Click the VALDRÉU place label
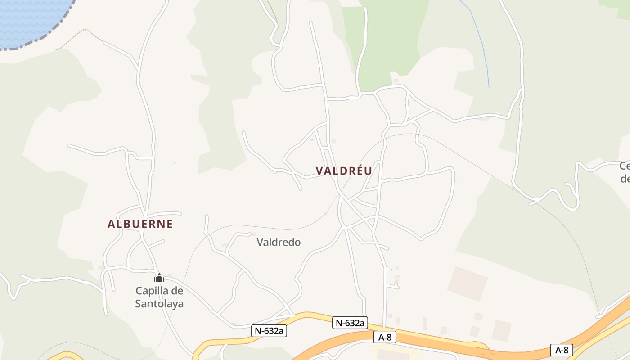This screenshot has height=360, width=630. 344,171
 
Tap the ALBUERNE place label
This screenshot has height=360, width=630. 140,224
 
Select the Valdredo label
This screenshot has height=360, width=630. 279,242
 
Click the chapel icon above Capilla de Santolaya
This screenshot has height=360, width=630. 159,278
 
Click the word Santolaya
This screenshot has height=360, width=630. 159,304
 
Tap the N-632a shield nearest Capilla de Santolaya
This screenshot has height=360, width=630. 269,331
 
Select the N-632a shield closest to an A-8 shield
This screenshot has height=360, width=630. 350,323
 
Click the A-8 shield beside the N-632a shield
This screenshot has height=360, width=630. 385,337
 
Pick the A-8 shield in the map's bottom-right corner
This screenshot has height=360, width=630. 562,350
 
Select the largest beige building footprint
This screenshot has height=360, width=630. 468,283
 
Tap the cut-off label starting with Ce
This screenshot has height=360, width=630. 625,172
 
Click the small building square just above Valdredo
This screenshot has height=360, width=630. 254,234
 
